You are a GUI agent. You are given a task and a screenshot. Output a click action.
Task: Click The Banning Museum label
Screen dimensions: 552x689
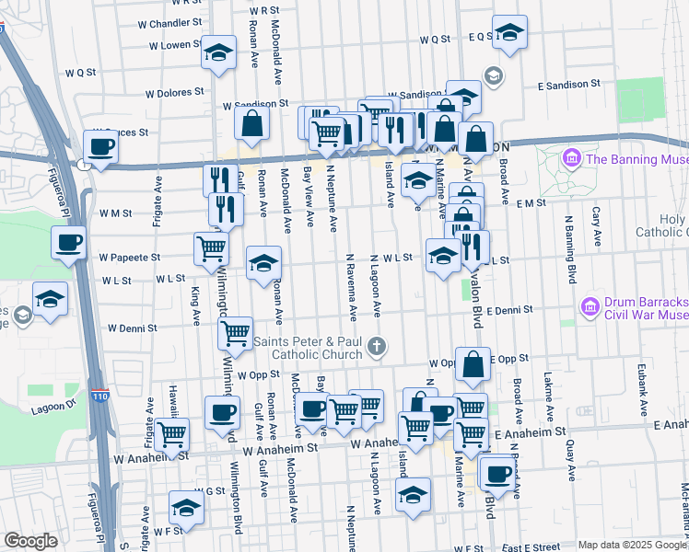[x=637, y=158]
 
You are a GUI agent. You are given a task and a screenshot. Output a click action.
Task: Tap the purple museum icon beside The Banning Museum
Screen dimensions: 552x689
[x=573, y=159]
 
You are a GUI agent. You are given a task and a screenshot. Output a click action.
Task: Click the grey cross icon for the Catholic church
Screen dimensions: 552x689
[x=375, y=347]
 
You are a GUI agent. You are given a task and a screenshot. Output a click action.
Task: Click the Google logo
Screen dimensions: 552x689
[x=30, y=541]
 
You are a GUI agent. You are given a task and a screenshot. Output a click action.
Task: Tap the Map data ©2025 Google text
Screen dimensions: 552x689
[x=631, y=545]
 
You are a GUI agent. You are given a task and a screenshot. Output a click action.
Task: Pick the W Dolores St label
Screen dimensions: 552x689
[x=174, y=92]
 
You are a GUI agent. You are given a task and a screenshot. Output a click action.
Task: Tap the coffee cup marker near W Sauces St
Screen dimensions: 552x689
[x=100, y=145]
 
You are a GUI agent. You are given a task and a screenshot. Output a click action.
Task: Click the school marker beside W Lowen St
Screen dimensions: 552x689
[x=218, y=52]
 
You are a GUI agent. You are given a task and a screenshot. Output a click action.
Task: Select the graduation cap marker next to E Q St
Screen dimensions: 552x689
[x=509, y=33]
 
